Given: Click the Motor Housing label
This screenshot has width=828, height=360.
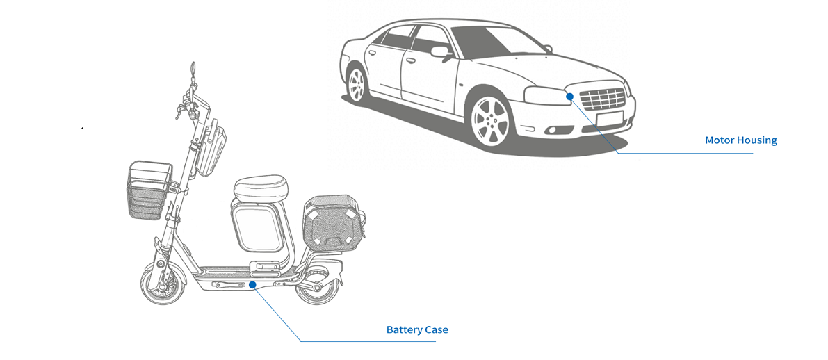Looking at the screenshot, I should pos(740,140).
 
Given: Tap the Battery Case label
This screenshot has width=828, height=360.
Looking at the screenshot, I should pos(417,329).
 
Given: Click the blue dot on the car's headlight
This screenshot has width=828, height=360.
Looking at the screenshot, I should pos(569,96).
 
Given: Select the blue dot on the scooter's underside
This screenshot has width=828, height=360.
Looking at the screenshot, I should pos(252,284).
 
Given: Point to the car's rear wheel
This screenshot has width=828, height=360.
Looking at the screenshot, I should pos(357,85).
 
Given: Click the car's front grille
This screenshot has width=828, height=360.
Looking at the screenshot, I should pos(603,99).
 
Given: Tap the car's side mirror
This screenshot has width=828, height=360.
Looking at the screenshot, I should pos(440,51).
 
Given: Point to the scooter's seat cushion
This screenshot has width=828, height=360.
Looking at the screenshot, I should pos(259,186).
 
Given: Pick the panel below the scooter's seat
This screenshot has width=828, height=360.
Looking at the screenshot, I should pos(257,227).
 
